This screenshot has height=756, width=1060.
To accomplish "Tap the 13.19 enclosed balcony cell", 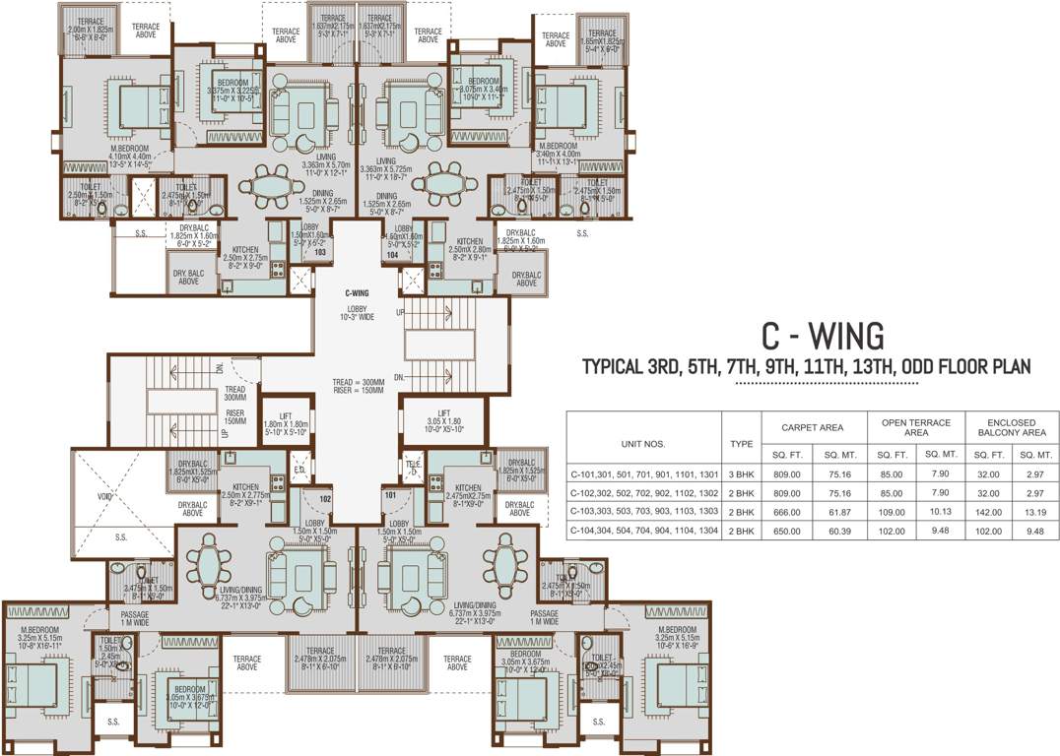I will [x=1034, y=511].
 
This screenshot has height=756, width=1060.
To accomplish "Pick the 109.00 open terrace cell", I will [x=892, y=511].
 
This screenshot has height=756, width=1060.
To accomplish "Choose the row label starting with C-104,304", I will [x=644, y=530].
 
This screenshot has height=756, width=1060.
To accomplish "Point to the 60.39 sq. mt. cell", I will [x=842, y=530].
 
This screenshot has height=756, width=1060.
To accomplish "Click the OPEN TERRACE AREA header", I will [x=916, y=427].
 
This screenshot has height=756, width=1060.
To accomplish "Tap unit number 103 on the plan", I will [x=320, y=253].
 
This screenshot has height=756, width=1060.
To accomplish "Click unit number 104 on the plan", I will [x=391, y=253].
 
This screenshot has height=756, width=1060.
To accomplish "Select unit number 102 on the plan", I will [x=324, y=498].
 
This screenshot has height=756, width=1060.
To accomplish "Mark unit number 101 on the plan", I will [x=390, y=496].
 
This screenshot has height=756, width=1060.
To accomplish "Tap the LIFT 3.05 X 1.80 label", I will [x=443, y=421].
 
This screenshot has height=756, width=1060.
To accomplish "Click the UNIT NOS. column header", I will [x=644, y=444].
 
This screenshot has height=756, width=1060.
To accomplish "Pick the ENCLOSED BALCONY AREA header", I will [x=1012, y=427].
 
